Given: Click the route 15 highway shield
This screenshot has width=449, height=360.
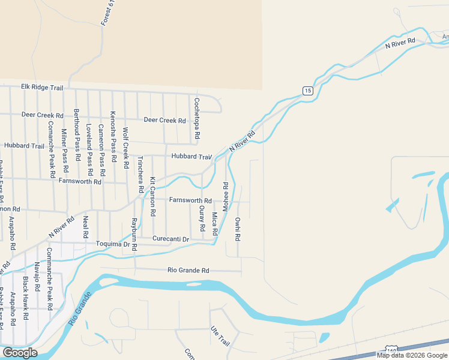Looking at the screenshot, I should coord(307,91).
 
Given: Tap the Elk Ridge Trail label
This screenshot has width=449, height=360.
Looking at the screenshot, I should coord(42,88).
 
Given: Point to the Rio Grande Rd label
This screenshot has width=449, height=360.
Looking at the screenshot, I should coord(188,271).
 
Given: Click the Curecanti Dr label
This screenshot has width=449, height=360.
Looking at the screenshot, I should coord(170,239).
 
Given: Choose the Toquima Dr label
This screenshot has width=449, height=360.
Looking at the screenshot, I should coord(113,244).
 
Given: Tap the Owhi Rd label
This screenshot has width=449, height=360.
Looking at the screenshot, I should coord(238,229).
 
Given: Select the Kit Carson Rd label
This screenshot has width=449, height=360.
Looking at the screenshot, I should coord(153,197).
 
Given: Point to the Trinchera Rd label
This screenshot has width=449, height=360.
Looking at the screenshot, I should coord(140,174).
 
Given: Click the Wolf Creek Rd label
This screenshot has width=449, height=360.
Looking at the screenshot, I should coord(125,147).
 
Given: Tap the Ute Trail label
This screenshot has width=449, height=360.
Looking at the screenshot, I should coord(220,336).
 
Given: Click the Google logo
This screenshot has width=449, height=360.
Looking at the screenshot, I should coord(19,353).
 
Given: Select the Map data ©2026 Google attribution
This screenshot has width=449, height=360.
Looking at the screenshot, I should coord(412,355).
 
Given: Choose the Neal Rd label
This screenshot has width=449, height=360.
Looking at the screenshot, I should coord(86,226).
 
